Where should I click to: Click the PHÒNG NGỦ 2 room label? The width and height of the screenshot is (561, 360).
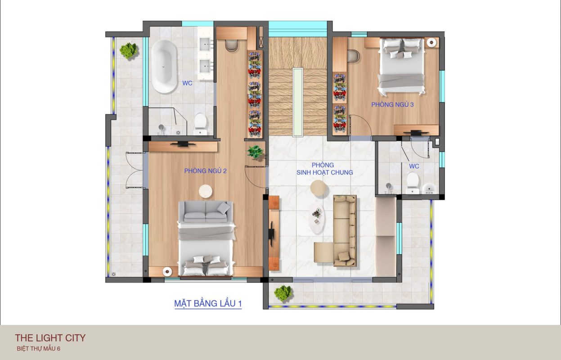tap(205, 171)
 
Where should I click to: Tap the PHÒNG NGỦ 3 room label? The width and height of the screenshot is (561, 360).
tap(392, 104)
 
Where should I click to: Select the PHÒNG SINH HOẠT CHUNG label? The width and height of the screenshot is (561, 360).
tap(324, 169)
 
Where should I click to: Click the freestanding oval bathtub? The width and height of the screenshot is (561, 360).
tap(164, 67)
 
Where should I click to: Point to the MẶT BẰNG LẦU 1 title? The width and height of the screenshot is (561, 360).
tap(208, 303)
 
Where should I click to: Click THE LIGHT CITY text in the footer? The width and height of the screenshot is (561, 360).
tap(50, 338)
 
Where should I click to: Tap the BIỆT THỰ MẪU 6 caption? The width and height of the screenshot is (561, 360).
tap(39, 348)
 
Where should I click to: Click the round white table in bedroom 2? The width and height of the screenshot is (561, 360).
tap(206, 191)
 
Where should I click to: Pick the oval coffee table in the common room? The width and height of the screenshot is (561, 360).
tap(316, 218)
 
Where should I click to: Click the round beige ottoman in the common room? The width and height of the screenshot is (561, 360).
tap(319, 188)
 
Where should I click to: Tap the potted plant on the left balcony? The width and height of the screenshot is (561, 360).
tap(129, 50)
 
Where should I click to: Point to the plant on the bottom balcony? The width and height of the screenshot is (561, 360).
tap(283, 293)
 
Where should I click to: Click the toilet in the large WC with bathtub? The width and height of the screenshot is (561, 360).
tap(200, 124)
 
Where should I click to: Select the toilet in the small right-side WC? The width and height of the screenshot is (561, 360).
tap(413, 183)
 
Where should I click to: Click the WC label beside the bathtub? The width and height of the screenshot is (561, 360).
tap(187, 83)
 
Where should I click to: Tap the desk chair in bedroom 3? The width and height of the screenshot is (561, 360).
tap(354, 56)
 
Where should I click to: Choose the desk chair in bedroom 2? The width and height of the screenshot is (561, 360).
tap(231, 45)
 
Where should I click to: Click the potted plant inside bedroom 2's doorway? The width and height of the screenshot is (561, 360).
tap(256, 152)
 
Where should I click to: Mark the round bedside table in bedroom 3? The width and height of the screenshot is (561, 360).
tap(431, 42)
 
